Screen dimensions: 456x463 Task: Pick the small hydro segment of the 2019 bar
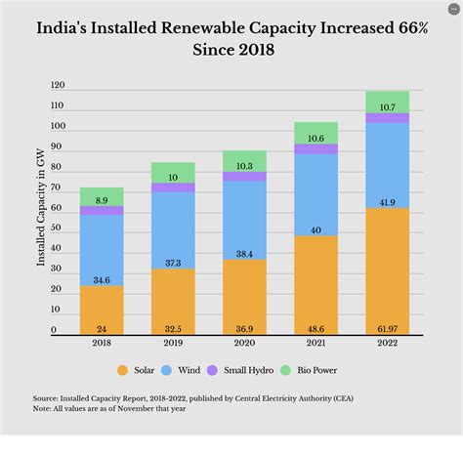(173, 187)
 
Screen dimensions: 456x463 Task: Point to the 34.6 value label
(102, 280)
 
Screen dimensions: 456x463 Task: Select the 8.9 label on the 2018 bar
(102, 199)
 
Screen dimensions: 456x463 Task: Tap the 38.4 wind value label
(244, 253)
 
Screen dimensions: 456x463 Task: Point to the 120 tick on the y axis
(58, 86)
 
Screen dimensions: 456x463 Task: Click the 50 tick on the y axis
(56, 229)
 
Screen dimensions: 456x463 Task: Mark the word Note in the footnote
(43, 408)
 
